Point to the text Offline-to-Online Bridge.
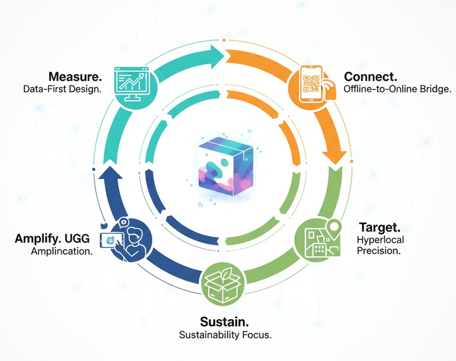(x=389, y=90)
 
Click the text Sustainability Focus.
(x=225, y=335)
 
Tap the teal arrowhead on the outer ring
(x=215, y=56)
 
